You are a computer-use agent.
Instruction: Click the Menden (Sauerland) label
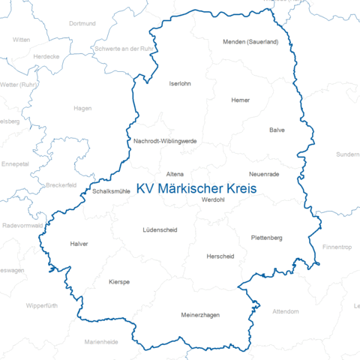pyautogui.click(x=250, y=42)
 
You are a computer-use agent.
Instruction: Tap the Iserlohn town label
pyautogui.click(x=181, y=83)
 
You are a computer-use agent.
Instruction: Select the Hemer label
pyautogui.click(x=241, y=100)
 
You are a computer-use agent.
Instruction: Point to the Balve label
pyautogui.click(x=277, y=130)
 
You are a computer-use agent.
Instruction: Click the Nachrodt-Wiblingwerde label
pyautogui.click(x=165, y=140)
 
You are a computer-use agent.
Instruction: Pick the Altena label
pyautogui.click(x=175, y=173)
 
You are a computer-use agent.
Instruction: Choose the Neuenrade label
pyautogui.click(x=263, y=173)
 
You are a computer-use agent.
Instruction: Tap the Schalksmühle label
pyautogui.click(x=112, y=191)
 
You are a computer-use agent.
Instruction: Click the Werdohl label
pyautogui.click(x=214, y=199)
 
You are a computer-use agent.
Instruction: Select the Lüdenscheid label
pyautogui.click(x=160, y=229)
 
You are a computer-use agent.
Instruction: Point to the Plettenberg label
pyautogui.click(x=266, y=238)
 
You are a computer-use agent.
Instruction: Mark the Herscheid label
pyautogui.click(x=220, y=256)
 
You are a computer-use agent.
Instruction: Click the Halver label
pyautogui.click(x=79, y=244)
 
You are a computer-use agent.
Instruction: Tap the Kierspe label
pyautogui.click(x=119, y=281)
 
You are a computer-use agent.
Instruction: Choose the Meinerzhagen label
pyautogui.click(x=200, y=315)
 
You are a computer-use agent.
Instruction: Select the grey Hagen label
pyautogui.click(x=82, y=108)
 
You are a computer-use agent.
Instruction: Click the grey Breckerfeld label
pyautogui.click(x=61, y=184)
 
